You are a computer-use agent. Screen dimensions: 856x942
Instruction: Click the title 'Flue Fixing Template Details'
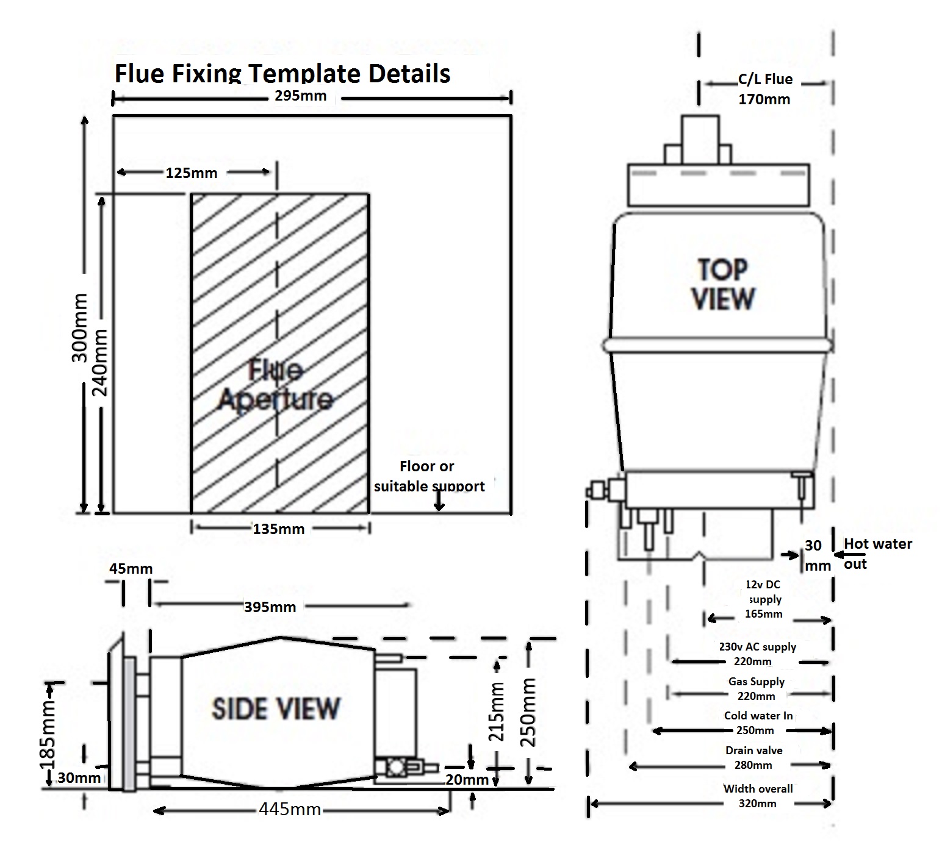(x=282, y=74)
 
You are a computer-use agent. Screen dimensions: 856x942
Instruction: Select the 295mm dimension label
(x=300, y=96)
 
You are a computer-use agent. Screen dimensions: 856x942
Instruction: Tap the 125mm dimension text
(x=191, y=173)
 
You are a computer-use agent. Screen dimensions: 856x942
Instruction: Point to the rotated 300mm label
(x=80, y=327)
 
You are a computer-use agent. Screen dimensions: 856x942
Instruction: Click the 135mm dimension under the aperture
(x=278, y=529)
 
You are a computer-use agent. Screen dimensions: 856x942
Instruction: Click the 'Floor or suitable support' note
(x=428, y=476)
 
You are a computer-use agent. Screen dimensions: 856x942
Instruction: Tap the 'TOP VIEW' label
(x=723, y=284)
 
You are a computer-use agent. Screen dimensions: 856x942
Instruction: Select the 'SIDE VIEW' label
(x=275, y=708)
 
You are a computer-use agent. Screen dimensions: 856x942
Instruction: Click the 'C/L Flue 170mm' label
(x=764, y=89)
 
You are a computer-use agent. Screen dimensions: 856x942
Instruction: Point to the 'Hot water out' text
(x=877, y=553)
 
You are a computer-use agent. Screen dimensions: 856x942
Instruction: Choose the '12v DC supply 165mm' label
(x=763, y=599)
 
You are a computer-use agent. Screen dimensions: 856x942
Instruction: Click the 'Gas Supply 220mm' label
(x=757, y=688)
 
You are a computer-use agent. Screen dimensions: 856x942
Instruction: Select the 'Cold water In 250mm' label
(x=758, y=722)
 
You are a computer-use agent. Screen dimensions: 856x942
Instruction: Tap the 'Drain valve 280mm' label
(x=754, y=757)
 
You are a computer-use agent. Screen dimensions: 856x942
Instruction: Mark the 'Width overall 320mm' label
(x=758, y=796)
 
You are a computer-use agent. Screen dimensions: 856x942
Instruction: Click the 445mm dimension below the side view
(x=290, y=809)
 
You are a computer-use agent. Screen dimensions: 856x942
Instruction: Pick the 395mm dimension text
(x=270, y=607)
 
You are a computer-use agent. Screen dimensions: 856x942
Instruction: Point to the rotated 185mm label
(x=46, y=735)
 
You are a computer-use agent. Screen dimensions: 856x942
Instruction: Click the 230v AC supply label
(x=757, y=654)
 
